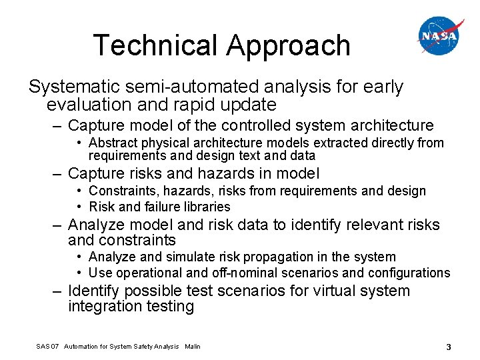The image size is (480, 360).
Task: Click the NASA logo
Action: [440, 36]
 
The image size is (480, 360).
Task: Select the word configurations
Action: [410, 273]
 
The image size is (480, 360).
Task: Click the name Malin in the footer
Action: [192, 346]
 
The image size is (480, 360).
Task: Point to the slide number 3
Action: [449, 346]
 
